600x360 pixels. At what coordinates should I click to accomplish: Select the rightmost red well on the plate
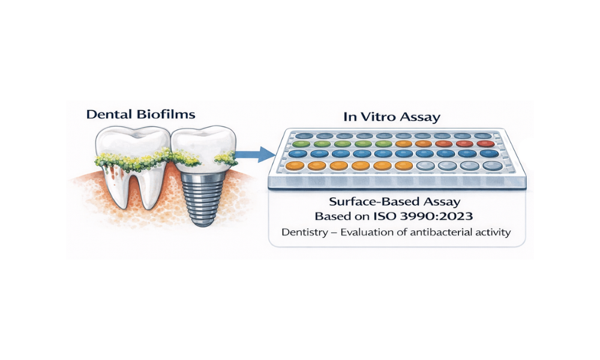click(x=485, y=144)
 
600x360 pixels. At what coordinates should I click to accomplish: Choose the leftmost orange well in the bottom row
click(x=294, y=165)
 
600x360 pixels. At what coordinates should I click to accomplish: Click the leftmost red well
click(x=444, y=144)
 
